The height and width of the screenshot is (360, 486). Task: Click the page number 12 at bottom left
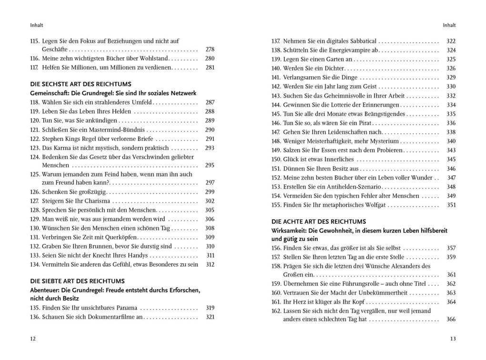click(x=32, y=339)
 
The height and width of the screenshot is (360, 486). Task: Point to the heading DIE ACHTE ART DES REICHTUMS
click(x=319, y=221)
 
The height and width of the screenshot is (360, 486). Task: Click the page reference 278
click(x=210, y=49)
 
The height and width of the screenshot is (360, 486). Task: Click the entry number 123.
click(x=34, y=148)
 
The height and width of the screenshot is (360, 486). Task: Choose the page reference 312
click(x=210, y=264)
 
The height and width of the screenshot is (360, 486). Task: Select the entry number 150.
click(x=276, y=159)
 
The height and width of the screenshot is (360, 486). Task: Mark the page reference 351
click(x=451, y=205)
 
